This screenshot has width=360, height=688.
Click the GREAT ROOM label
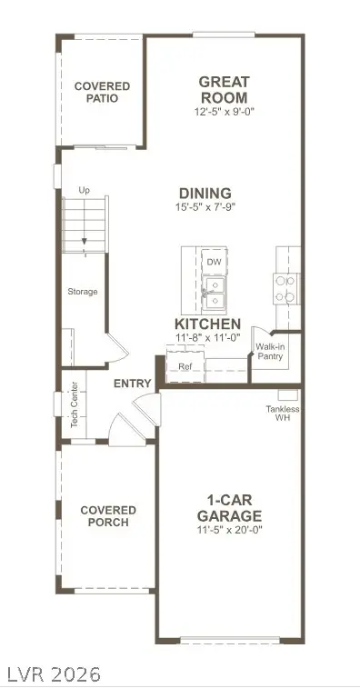(223, 88)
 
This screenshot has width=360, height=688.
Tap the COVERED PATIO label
(102, 93)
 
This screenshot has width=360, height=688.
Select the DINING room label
(205, 193)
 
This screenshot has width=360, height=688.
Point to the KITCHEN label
(207, 324)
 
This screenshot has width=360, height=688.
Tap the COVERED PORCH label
(108, 516)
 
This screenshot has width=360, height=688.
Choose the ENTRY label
(132, 384)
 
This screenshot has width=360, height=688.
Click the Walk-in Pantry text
(269, 352)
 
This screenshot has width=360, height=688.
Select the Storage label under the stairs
(82, 292)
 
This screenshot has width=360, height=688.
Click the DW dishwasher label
(214, 263)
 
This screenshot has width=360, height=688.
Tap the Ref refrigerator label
(185, 367)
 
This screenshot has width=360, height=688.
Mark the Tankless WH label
(283, 414)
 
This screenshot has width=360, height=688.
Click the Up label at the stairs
(85, 190)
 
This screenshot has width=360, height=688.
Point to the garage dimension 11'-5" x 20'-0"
(229, 530)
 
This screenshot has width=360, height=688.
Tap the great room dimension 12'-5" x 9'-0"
(223, 112)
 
